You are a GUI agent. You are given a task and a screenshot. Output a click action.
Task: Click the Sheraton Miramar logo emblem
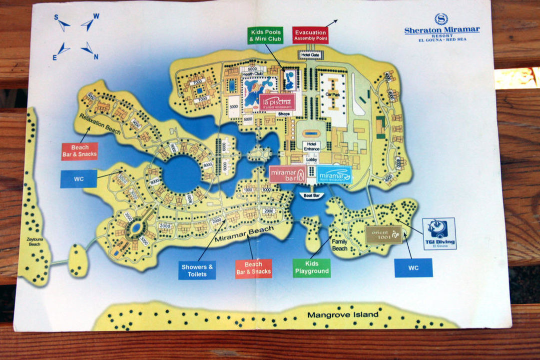click(x=441, y=19)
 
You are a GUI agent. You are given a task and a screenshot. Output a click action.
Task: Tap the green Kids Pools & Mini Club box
click(x=265, y=35)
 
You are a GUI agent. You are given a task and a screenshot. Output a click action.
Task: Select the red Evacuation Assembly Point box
click(x=310, y=35)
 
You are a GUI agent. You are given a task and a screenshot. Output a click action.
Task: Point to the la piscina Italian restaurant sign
click(x=276, y=102)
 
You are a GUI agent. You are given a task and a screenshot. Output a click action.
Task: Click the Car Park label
click(x=333, y=93)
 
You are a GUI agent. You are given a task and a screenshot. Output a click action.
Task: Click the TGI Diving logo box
click(x=439, y=233)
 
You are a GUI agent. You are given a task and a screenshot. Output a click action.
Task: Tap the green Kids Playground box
click(x=312, y=268)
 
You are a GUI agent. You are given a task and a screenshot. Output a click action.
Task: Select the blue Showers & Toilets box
click(x=197, y=270)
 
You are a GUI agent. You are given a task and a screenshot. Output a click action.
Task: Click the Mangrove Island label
click(x=343, y=315)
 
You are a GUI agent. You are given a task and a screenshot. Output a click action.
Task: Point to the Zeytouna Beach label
click(x=34, y=242)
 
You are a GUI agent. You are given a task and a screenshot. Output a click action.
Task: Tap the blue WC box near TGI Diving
click(x=413, y=267)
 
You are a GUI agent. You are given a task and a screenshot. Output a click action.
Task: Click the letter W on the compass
click(x=96, y=16)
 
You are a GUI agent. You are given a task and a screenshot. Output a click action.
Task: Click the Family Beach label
click(x=340, y=244)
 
